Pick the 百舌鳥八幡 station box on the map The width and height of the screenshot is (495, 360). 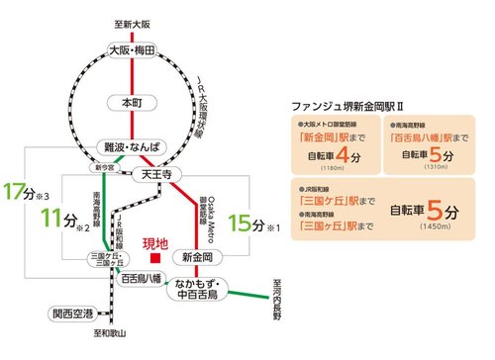pyautogui.click(x=143, y=280)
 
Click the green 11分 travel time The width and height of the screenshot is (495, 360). pyautogui.click(x=62, y=219)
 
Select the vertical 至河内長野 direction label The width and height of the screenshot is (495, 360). pyautogui.click(x=279, y=302)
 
